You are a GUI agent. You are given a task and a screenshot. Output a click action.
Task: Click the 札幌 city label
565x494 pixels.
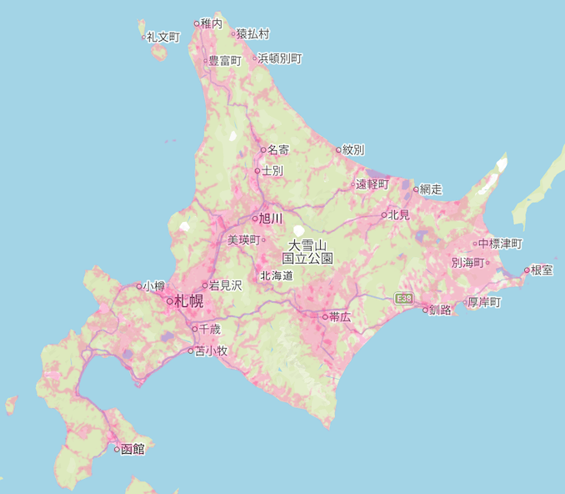pos(189,301)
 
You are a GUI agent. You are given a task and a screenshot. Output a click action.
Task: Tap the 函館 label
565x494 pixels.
pos(132,449)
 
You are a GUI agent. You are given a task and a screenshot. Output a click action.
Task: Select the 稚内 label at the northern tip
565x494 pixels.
pos(212,24)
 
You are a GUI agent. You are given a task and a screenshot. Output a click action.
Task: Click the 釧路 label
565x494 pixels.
pos(440,310)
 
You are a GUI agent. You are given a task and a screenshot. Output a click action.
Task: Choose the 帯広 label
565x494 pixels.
pos(340,317)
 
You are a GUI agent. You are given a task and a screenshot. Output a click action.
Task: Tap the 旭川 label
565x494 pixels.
pos(272,219)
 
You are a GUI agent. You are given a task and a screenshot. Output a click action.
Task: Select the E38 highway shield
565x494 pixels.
pos(404,298)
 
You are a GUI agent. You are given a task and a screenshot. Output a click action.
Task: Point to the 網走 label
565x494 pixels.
pos(431,189)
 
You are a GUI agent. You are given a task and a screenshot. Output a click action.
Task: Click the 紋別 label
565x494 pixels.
pos(353,150)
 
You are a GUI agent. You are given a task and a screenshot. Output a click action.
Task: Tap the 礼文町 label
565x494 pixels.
pos(162,38)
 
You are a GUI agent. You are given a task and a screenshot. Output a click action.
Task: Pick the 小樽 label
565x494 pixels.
pos(153,285)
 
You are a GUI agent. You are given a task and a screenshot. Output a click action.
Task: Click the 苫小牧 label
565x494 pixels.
pos(211,350)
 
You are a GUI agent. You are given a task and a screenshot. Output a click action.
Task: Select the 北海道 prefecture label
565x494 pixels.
pos(277,275)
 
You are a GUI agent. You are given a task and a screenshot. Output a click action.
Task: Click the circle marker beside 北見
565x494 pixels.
pos(384,215)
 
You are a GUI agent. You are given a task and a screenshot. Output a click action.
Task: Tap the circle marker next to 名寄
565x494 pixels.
pos(263,150)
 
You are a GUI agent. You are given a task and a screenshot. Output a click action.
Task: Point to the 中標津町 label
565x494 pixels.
pos(500,244)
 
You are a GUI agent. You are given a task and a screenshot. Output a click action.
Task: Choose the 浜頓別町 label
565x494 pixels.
pos(280,58)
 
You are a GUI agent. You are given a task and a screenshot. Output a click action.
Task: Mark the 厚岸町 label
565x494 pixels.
pos(484,301)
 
